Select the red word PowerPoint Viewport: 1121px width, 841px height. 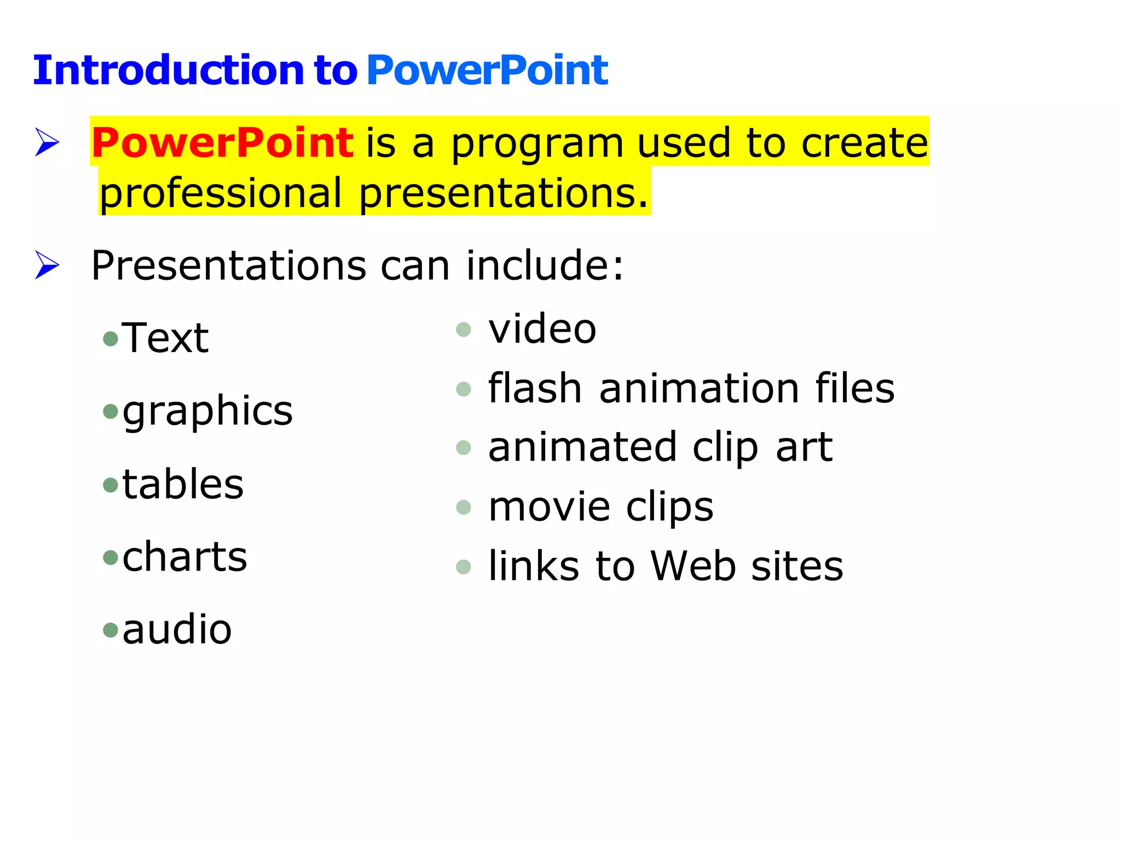pyautogui.click(x=222, y=142)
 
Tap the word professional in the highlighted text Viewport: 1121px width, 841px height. pyautogui.click(x=220, y=194)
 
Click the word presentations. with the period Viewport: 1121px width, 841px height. pyautogui.click(x=503, y=194)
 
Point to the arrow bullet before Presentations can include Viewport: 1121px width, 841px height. pyautogui.click(x=47, y=265)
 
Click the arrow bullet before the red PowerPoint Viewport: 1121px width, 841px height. pyautogui.click(x=47, y=142)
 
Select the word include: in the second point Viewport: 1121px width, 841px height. pyautogui.click(x=544, y=266)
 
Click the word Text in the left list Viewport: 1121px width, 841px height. pyautogui.click(x=165, y=338)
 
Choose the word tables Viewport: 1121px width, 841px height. pyautogui.click(x=183, y=485)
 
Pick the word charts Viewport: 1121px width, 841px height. pyautogui.click(x=184, y=557)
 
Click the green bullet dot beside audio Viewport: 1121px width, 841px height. pyautogui.click(x=111, y=630)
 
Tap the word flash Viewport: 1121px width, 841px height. pyautogui.click(x=534, y=388)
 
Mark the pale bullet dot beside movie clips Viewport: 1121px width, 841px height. pyautogui.click(x=463, y=508)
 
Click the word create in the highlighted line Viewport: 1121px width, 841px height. pyautogui.click(x=864, y=142)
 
